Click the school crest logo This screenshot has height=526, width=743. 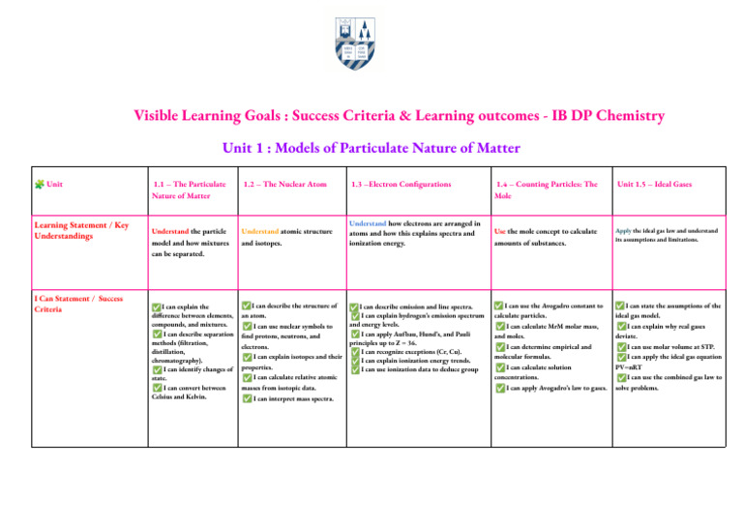pos(371,45)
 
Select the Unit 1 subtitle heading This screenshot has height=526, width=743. pos(371,149)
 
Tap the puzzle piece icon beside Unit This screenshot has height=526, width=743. pos(37,184)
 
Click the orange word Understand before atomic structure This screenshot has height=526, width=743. pos(262,232)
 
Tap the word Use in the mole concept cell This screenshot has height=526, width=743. pos(501,232)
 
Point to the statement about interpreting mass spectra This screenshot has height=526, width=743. pos(290,399)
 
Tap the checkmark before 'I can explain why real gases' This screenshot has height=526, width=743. pos(622,326)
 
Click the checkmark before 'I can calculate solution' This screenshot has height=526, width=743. pos(500,367)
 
